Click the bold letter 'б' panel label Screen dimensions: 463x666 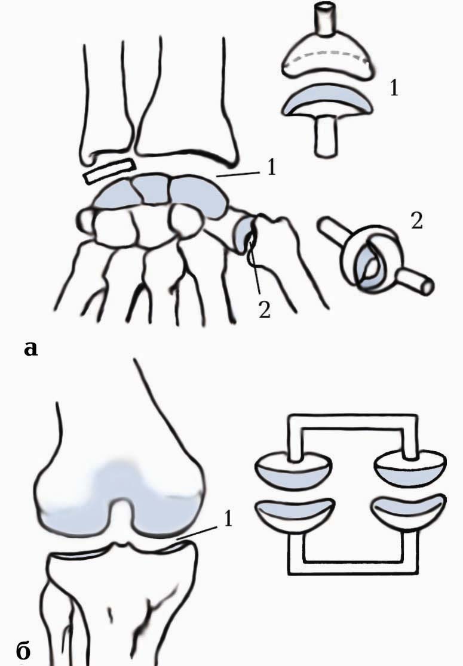[24, 649]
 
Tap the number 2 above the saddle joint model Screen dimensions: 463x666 [416, 220]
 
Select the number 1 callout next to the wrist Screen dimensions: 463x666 [271, 168]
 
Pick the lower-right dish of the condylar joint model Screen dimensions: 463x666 [407, 511]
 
